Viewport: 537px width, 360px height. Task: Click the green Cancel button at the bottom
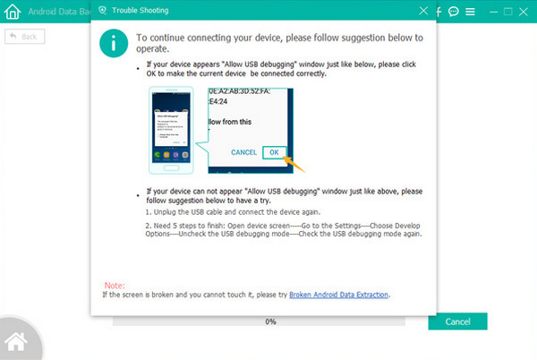pos(457,321)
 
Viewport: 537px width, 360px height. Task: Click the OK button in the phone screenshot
pos(275,152)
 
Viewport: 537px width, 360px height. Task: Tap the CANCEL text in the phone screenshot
pos(244,152)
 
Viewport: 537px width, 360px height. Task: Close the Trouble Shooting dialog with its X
pos(423,12)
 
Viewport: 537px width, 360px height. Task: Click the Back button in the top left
pos(25,37)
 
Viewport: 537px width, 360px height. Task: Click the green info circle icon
pos(113,41)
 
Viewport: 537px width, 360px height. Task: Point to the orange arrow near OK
pos(294,164)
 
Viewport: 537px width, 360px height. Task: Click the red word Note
pos(113,285)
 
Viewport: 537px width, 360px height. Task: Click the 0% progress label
pos(270,321)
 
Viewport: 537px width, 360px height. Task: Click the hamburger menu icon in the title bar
pos(471,13)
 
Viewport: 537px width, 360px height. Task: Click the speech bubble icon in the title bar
pos(454,13)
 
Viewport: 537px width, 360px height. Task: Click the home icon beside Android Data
pos(13,13)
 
